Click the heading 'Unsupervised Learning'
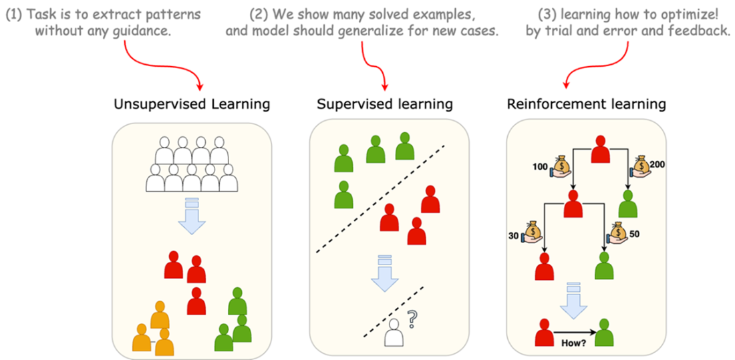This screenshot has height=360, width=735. point(192,105)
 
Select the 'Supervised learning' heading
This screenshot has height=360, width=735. point(385,105)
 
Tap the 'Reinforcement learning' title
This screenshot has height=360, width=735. point(587,105)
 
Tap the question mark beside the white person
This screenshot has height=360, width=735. point(412,323)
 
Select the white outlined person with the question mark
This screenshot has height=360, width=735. point(394,332)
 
